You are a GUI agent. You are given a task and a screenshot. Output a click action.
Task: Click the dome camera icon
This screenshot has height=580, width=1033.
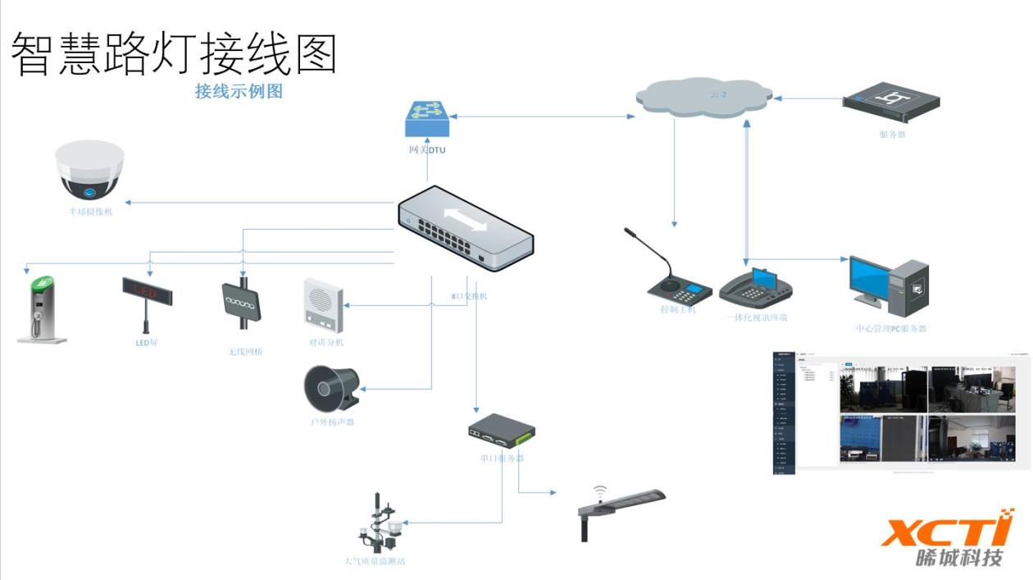89,171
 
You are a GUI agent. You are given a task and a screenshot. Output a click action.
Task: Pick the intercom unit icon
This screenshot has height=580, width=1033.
324,305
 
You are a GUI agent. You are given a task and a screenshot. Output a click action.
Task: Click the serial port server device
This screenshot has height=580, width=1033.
502,430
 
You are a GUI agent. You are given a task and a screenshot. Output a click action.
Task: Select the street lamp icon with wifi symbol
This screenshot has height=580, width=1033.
621,508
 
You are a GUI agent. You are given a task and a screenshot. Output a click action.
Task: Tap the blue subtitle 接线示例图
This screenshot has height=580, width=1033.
239,91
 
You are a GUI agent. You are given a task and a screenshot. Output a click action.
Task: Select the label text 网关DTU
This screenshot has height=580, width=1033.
427,150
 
